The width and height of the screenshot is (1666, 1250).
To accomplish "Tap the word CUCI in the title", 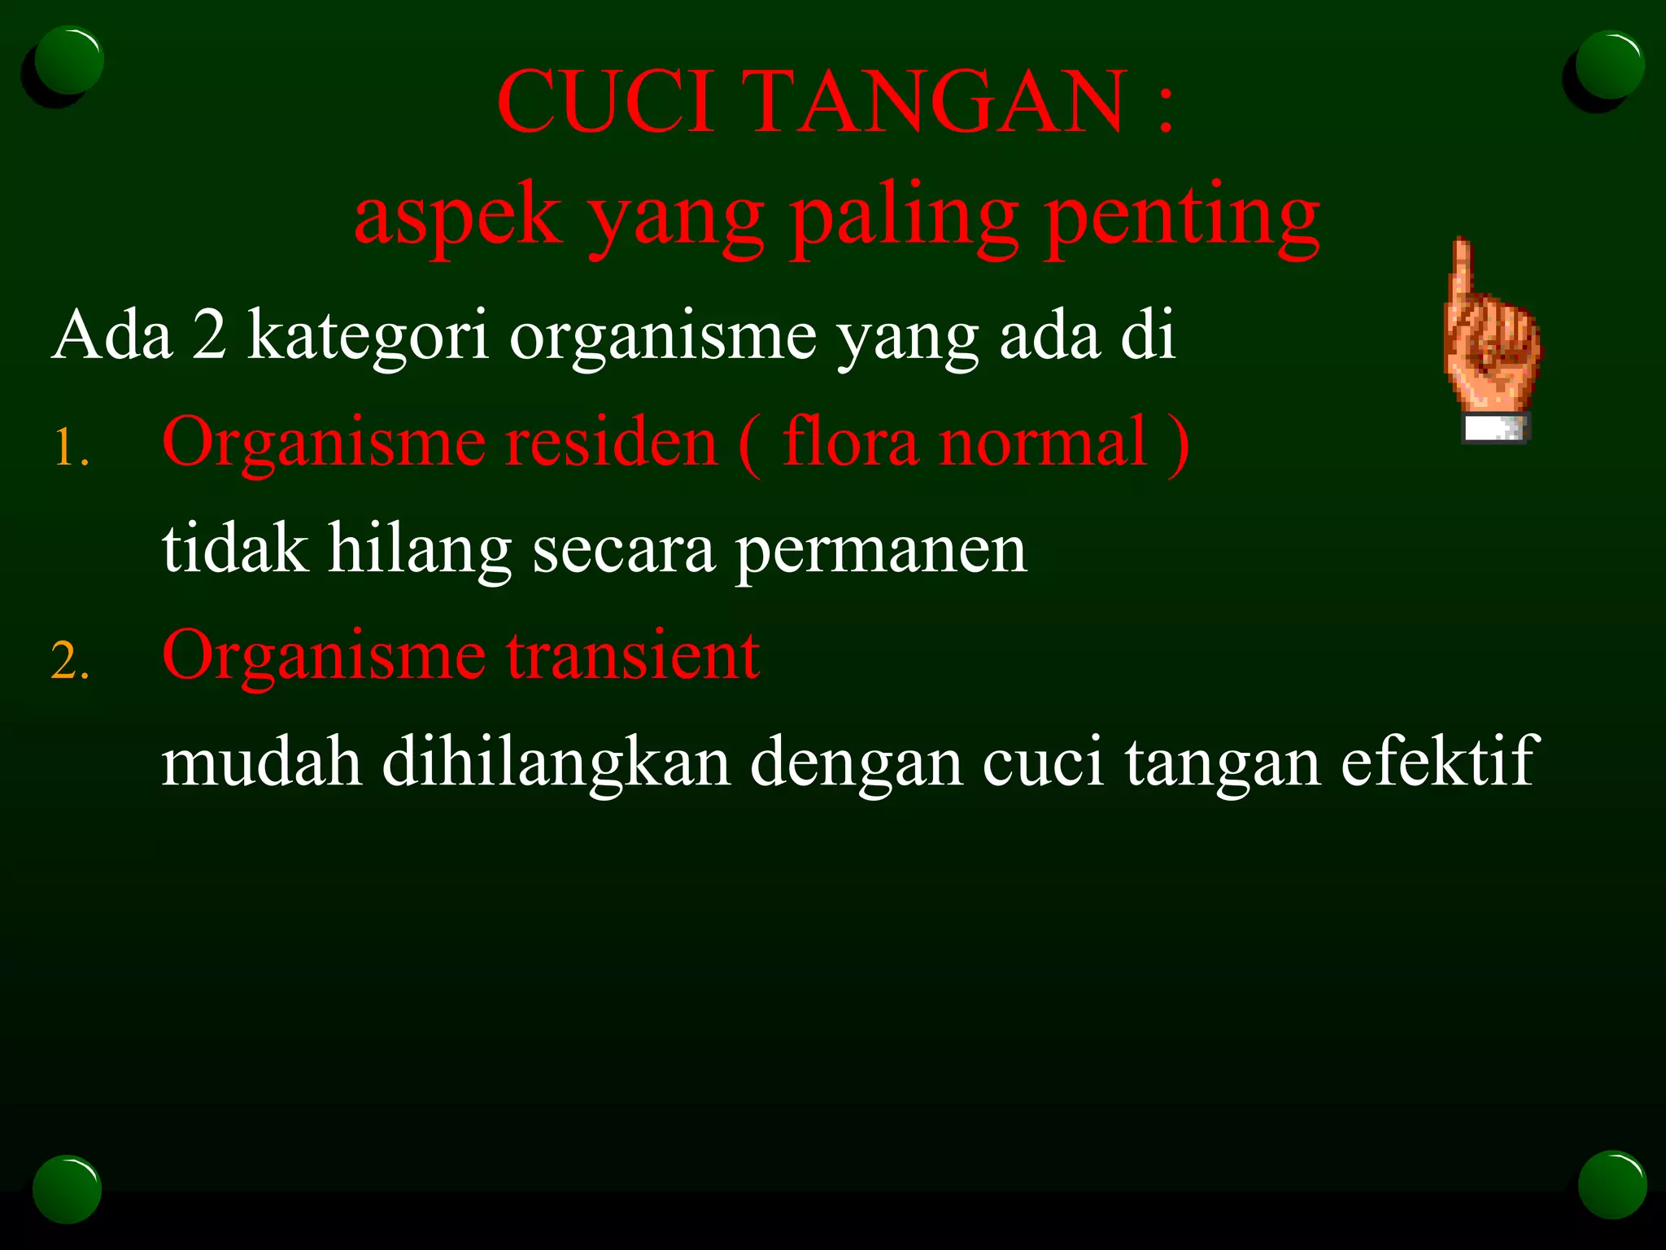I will (606, 101).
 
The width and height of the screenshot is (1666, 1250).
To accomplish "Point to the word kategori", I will (368, 335).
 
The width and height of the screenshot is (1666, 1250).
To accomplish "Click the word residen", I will (611, 442).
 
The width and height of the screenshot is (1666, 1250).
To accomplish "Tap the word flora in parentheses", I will (849, 442).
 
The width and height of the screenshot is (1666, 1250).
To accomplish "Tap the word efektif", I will (1439, 762).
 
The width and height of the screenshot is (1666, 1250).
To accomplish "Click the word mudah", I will (261, 762).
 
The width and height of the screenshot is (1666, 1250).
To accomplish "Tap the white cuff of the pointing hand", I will (1495, 428).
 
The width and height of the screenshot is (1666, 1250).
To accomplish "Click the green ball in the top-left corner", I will (69, 60).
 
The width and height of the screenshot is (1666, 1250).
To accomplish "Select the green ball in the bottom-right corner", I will (1611, 1184).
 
